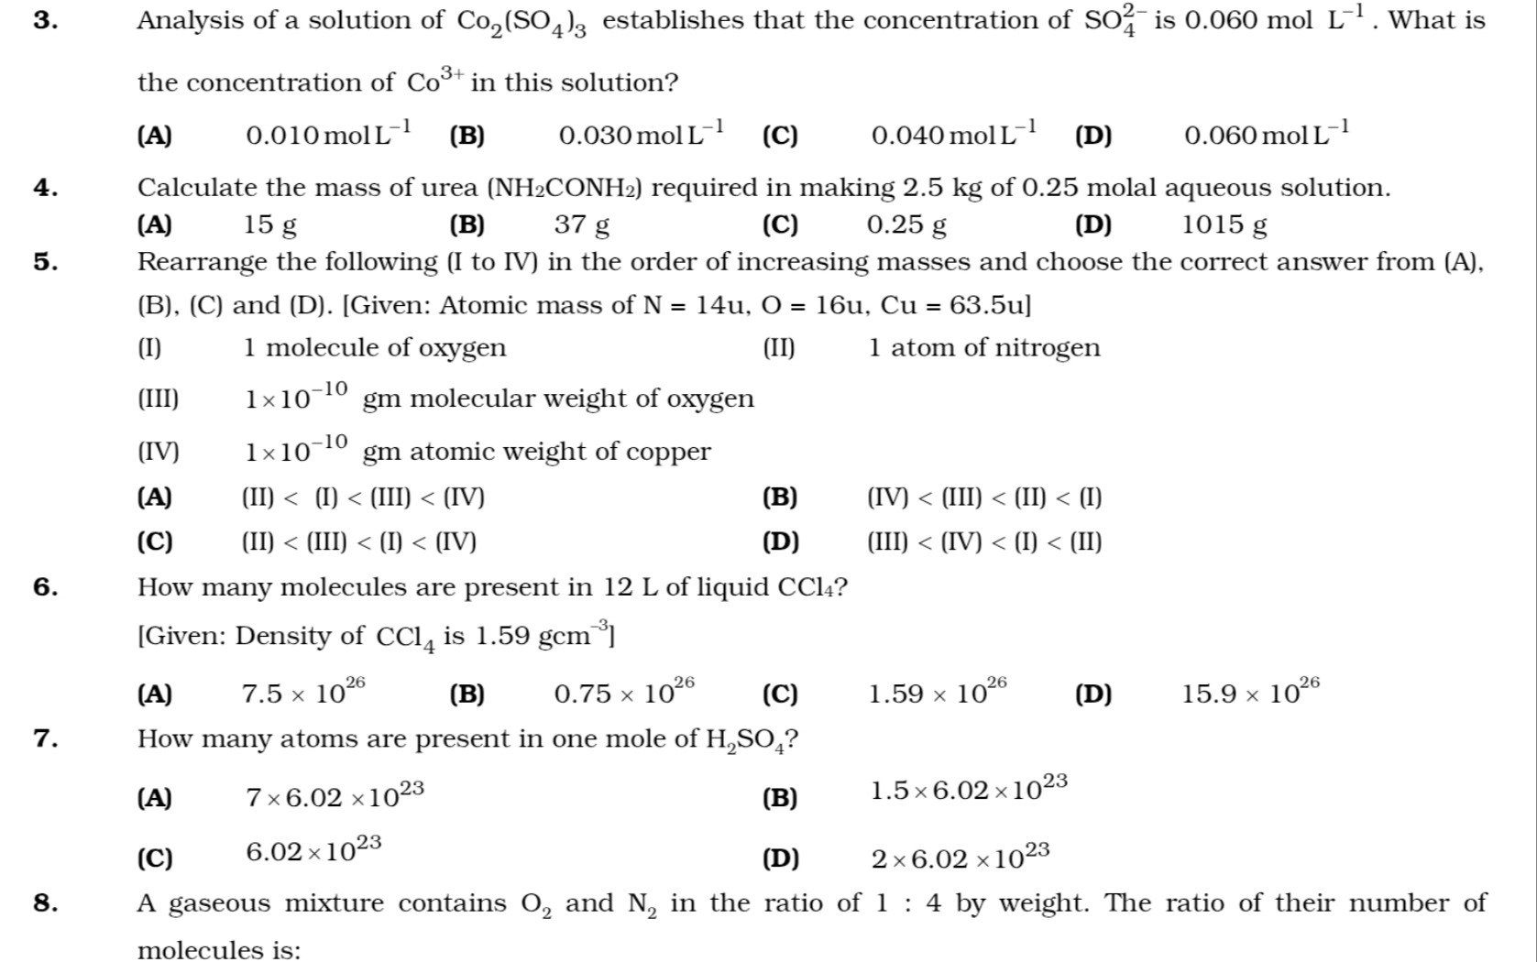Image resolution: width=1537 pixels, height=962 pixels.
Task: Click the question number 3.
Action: [45, 21]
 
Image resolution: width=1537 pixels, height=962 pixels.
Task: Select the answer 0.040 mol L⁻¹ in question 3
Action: [953, 136]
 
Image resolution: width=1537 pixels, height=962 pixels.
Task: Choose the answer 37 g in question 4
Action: [581, 224]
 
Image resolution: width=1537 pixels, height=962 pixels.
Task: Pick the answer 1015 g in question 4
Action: [1224, 224]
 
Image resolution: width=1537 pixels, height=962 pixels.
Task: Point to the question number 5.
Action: [45, 262]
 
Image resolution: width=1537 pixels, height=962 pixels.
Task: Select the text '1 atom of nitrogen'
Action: [983, 348]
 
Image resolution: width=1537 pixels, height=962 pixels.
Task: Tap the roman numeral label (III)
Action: [158, 399]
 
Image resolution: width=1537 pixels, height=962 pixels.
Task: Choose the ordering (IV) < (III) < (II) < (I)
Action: [984, 498]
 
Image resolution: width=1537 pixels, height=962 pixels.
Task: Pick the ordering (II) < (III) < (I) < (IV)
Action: [358, 542]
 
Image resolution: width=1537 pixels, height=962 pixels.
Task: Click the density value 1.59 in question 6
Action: [502, 636]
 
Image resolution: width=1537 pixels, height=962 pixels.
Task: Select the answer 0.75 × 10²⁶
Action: [624, 693]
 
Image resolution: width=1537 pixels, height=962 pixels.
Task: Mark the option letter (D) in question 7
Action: [780, 859]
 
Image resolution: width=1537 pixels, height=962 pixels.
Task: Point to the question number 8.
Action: [45, 903]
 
